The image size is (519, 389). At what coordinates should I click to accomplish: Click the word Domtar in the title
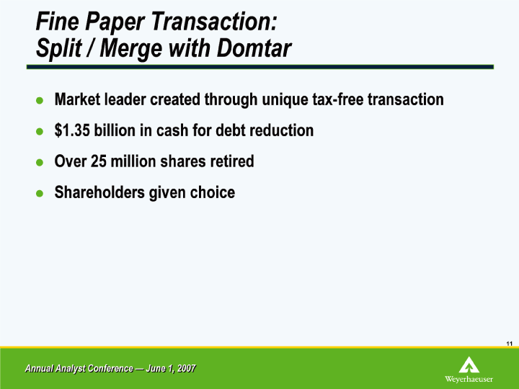tap(254, 48)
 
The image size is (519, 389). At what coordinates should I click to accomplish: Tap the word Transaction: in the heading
tap(214, 22)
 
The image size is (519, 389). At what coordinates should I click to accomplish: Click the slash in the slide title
tap(90, 49)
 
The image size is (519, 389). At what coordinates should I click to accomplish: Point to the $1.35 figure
tap(72, 130)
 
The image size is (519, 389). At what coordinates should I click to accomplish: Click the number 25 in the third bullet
tap(99, 161)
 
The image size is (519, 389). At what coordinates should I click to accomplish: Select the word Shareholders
tap(99, 192)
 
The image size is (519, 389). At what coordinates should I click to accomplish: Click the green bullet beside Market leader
tap(40, 100)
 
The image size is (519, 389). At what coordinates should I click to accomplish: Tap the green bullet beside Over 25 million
tap(40, 162)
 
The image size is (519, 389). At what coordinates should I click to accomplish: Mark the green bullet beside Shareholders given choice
tap(40, 193)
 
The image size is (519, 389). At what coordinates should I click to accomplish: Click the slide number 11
tap(509, 344)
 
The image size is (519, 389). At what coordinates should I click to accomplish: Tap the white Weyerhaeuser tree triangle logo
tap(469, 365)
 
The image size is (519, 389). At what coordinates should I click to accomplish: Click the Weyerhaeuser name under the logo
tap(469, 379)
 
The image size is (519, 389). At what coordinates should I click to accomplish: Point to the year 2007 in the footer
tap(187, 368)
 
